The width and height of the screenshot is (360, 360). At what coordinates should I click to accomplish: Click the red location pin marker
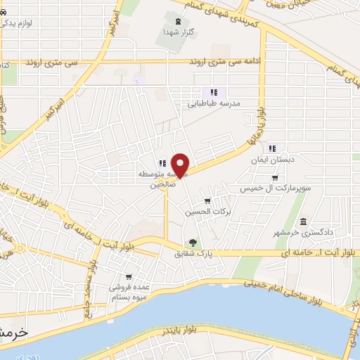tap(181, 165)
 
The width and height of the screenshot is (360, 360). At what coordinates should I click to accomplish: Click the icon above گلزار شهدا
tap(179, 22)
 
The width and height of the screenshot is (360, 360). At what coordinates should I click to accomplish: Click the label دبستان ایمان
tap(271, 160)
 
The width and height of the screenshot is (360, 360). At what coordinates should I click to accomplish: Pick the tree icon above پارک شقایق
tap(193, 243)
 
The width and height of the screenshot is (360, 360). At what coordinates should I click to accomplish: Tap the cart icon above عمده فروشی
tap(128, 277)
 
